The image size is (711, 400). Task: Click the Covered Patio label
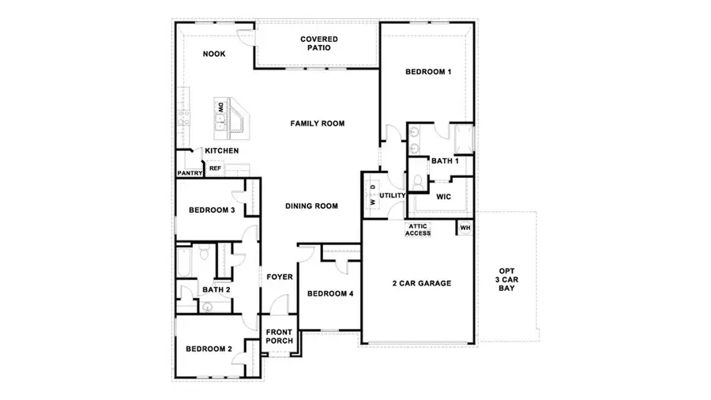click(x=319, y=43)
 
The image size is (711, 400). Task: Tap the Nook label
click(x=213, y=55)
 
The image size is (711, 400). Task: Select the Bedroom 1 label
click(x=428, y=72)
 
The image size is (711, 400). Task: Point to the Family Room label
click(x=318, y=123)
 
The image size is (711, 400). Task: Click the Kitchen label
click(x=222, y=151)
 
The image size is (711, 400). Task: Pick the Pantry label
click(x=190, y=173)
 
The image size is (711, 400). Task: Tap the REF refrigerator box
click(x=215, y=168)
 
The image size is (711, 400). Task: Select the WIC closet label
click(x=443, y=197)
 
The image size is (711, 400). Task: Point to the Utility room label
click(x=393, y=195)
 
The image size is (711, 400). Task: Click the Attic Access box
click(x=418, y=229)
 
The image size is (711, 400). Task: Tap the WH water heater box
click(x=465, y=228)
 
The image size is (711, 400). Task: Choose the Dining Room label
click(x=311, y=206)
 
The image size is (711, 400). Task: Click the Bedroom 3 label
click(x=212, y=210)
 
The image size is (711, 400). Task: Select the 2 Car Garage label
click(x=422, y=283)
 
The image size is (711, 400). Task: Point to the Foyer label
click(x=279, y=277)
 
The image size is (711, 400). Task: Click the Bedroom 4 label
click(x=330, y=294)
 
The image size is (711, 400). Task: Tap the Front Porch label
click(x=279, y=336)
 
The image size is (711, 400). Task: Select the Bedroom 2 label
click(x=209, y=349)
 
